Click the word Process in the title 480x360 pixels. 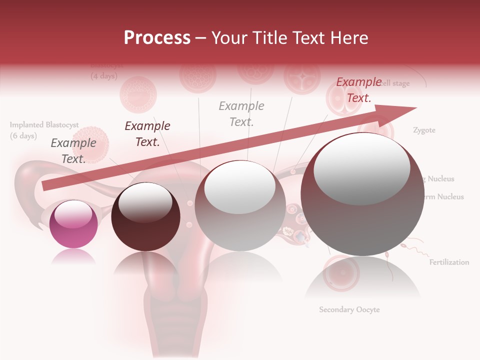[x=157, y=37]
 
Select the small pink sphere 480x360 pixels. [x=74, y=224]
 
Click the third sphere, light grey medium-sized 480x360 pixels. [x=240, y=205]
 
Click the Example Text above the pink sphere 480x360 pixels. [x=73, y=151]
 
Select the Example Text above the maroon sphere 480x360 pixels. [x=147, y=134]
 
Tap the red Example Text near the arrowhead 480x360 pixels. [x=358, y=90]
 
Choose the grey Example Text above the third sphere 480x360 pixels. [x=241, y=113]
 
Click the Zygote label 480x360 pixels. [x=424, y=130]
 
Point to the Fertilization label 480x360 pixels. [x=449, y=262]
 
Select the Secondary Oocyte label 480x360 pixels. [x=349, y=310]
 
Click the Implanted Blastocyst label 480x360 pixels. [x=44, y=125]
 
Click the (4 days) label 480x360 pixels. [x=104, y=76]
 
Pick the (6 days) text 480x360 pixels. [x=23, y=136]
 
